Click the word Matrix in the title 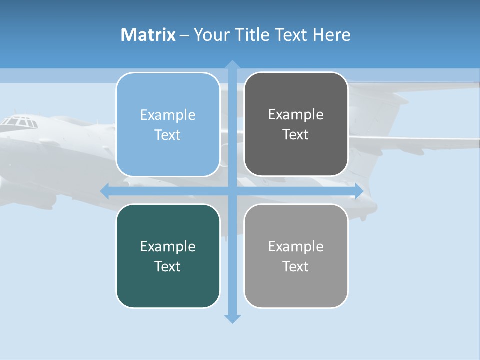coord(148,35)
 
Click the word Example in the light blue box coord(168,115)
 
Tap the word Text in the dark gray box coord(296,135)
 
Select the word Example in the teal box coord(168,246)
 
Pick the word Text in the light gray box coord(296,266)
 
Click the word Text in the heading coord(292,35)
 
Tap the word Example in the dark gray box coord(296,115)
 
